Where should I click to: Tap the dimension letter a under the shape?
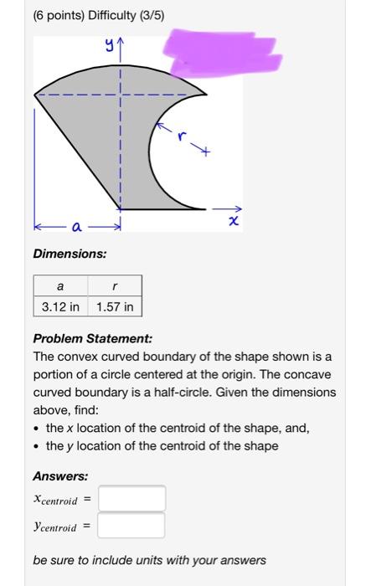click(x=77, y=226)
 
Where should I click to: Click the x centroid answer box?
click(x=131, y=499)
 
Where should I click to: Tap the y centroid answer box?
click(x=131, y=526)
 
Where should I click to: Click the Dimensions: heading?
click(x=70, y=254)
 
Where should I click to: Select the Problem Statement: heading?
click(x=93, y=339)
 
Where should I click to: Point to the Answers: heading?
click(x=60, y=475)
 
